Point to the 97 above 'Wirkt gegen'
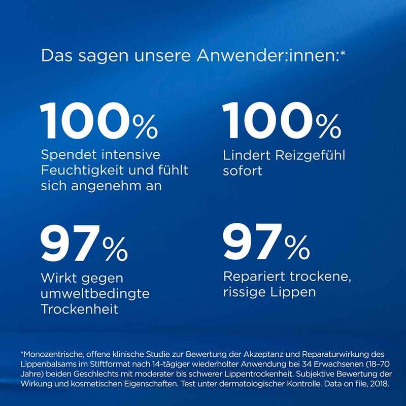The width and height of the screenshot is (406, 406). [70, 245]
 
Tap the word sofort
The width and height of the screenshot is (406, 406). [243, 171]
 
